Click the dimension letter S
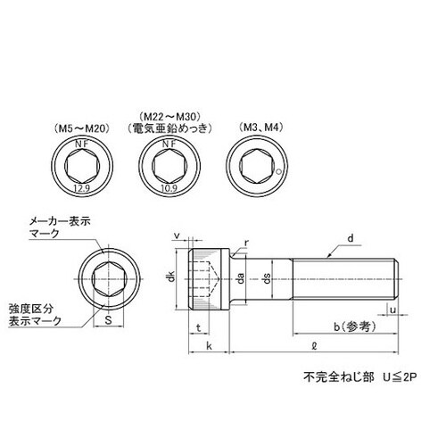108,318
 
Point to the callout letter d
351,237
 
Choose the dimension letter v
177,236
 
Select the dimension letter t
195,328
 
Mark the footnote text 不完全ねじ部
329,378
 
